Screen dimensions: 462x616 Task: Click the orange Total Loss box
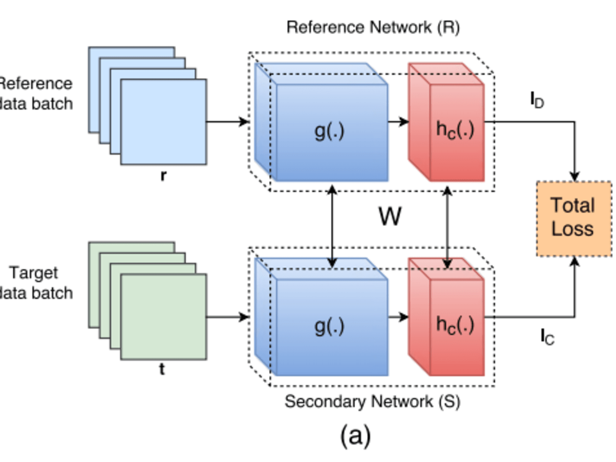coord(574,218)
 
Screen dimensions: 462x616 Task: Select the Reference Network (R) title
coord(373,27)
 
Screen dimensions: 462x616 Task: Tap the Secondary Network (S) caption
coord(372,401)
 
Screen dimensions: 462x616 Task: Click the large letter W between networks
coord(389,217)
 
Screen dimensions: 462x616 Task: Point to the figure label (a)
coord(355,436)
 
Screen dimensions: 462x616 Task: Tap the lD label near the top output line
coord(537,100)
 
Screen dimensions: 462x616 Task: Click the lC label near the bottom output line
coord(547,336)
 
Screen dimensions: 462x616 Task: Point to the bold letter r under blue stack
coord(163,176)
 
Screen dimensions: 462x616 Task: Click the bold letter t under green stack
coord(162,369)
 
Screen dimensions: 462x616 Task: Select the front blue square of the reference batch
coord(164,122)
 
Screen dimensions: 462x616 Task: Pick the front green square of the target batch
coord(164,317)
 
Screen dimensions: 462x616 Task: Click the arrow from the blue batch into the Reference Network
coord(227,122)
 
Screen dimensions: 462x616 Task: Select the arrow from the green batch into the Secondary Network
coord(227,317)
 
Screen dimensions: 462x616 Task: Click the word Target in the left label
coord(34,273)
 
